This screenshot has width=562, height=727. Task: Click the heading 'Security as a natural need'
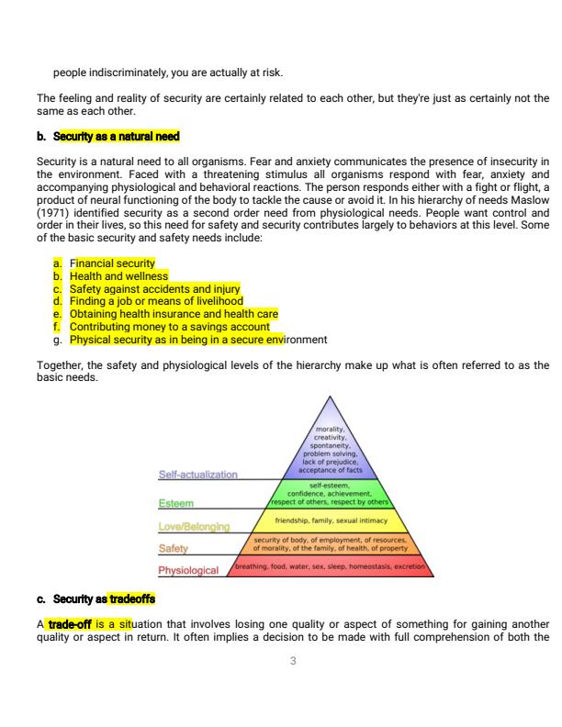[117, 137]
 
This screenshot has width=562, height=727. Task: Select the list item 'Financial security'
[113, 263]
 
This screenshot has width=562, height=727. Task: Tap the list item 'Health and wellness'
[119, 275]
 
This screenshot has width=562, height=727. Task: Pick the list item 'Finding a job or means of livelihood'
[156, 301]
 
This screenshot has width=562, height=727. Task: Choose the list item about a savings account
[170, 326]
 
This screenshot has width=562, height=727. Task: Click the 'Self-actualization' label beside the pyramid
[197, 475]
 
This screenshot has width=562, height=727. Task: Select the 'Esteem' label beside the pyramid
[175, 503]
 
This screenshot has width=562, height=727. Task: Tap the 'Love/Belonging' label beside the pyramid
[193, 527]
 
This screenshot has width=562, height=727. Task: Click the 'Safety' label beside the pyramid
[174, 549]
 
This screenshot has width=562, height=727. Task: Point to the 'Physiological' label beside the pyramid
[188, 570]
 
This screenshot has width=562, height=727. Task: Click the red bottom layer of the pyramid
[331, 566]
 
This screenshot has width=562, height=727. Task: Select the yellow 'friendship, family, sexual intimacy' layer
[330, 520]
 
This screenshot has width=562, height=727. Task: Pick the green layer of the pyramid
[329, 494]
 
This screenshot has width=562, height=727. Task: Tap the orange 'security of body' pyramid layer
[330, 543]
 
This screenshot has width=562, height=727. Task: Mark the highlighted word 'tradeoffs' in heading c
[131, 599]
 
